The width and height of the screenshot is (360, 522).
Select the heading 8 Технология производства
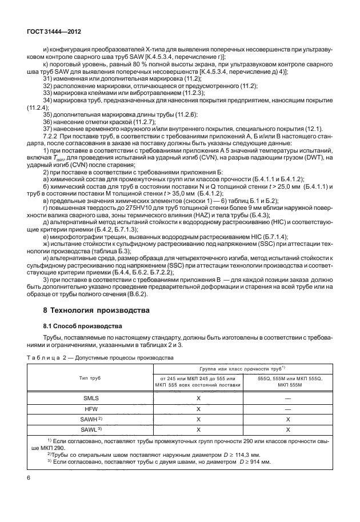pyautogui.click(x=89, y=310)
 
